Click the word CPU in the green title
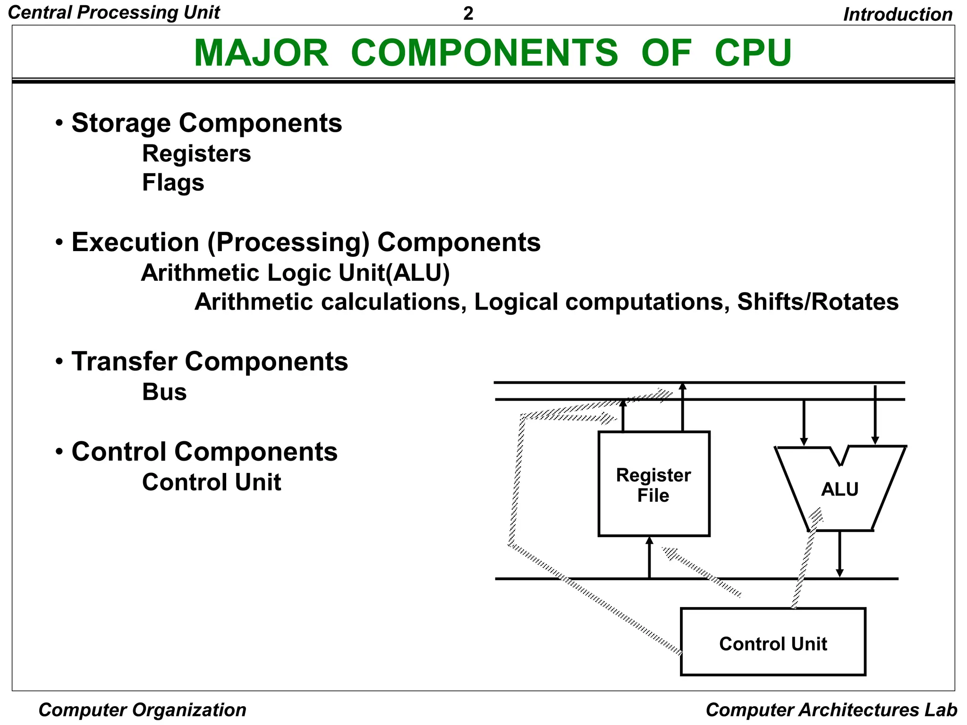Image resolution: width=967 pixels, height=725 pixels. (x=753, y=53)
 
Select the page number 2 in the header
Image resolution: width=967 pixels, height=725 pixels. (x=468, y=14)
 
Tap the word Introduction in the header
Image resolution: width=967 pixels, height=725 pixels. (x=898, y=15)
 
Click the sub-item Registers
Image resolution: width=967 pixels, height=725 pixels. (x=196, y=154)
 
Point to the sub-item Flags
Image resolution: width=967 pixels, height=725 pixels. (x=173, y=183)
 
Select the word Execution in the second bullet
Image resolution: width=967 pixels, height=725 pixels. (x=135, y=243)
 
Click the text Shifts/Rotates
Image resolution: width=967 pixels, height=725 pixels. (x=817, y=302)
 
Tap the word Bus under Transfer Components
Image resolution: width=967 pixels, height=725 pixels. (x=164, y=392)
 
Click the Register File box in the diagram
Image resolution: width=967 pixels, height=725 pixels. (x=653, y=484)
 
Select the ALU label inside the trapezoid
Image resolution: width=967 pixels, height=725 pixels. (x=840, y=489)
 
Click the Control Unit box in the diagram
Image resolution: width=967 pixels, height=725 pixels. (x=772, y=643)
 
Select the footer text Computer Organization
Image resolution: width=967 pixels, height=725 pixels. (x=142, y=710)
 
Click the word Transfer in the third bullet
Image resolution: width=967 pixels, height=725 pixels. (x=124, y=362)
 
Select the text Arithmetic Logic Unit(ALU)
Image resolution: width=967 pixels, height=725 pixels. (x=295, y=273)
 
